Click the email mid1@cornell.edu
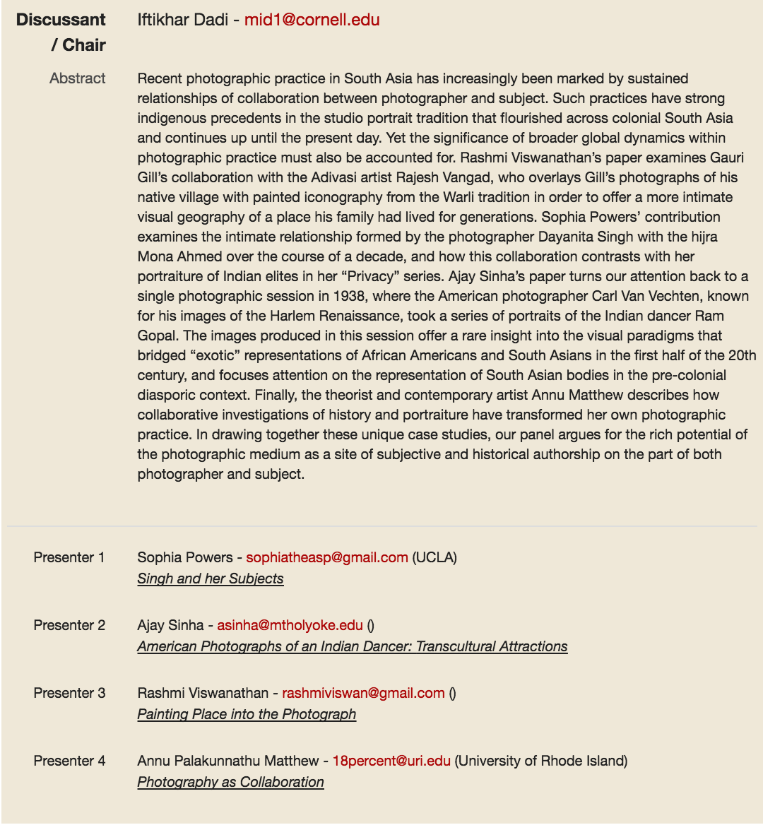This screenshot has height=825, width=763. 312,20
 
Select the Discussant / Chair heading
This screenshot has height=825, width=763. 61,32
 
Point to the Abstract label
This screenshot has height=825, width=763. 78,78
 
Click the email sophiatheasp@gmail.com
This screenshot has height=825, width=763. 327,557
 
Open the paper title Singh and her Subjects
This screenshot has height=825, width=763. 211,578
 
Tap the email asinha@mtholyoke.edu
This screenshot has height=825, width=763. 290,625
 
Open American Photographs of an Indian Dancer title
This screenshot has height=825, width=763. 353,646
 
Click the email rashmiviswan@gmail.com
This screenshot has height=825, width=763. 363,693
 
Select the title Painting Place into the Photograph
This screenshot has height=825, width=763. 247,714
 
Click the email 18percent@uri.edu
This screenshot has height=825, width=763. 391,761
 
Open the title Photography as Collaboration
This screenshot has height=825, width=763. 230,782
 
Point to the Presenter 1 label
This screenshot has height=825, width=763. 69,557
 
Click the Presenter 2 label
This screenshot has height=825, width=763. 69,625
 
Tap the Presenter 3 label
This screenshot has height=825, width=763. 69,693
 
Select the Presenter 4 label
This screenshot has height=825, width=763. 69,761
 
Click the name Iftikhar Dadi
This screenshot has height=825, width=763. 182,20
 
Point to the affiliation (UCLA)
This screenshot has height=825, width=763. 434,557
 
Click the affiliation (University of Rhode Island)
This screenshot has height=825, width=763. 541,761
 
